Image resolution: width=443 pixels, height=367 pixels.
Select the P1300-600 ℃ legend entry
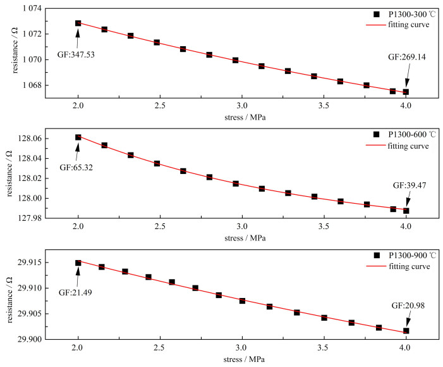pos(402,134)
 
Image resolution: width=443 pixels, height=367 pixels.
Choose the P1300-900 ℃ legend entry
pos(402,255)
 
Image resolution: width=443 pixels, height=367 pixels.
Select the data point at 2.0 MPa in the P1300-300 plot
pos(78,23)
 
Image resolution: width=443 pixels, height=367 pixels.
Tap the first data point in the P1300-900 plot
pos(78,263)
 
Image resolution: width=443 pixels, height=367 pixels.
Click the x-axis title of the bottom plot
pos(241,361)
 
